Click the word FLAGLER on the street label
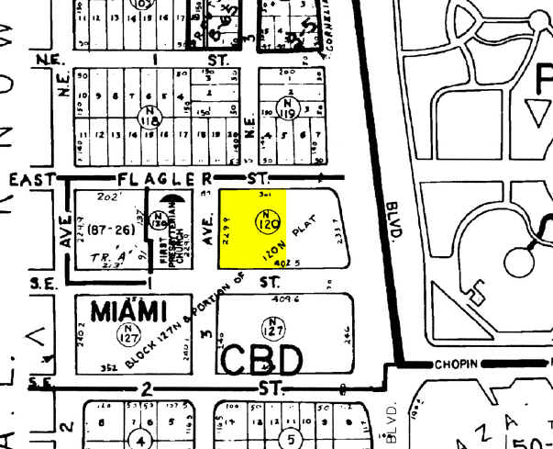point(164,176)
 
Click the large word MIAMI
point(128,310)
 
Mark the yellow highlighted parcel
point(251,230)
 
